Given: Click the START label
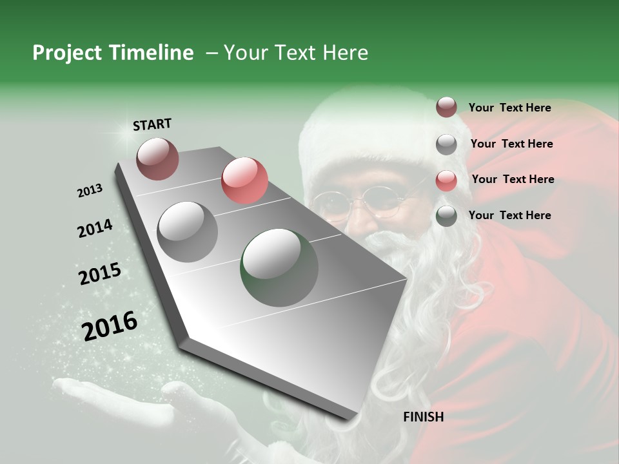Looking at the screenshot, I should coord(152,124).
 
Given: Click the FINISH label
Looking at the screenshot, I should coord(424,417).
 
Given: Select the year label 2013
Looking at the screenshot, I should coord(90,191).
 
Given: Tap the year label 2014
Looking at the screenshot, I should coord(95,229).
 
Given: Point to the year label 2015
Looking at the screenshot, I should coord(100,274).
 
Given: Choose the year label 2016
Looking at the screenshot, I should coord(110,326).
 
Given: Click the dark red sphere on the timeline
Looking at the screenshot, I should coord(157,159).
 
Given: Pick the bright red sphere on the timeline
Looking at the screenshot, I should coord(244,180).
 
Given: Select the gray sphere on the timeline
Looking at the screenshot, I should coord(188,231).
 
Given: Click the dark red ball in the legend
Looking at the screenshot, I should coord(446,108).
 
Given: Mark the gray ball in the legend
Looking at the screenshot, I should coord(446,144).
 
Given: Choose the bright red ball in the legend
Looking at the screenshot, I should coord(446,180).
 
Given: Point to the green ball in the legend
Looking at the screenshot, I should coord(446,216).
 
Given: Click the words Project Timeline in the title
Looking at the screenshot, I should coord(113,53).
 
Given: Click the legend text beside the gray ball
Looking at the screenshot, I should coord(511,144).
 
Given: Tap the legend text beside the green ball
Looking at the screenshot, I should coord(509,215).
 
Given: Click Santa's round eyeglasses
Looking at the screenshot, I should coord(368,203).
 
